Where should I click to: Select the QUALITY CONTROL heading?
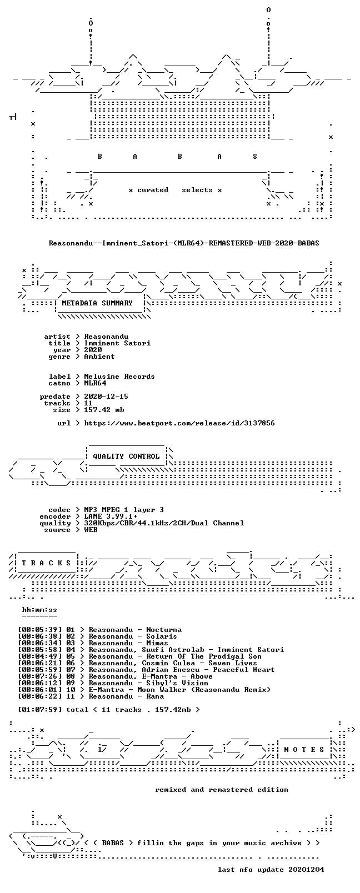(126, 456)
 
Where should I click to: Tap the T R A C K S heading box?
(46, 563)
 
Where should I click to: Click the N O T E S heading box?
(304, 750)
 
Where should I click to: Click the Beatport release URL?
(179, 423)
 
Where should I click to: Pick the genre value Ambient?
(99, 357)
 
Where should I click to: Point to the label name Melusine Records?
(119, 377)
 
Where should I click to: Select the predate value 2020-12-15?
(106, 397)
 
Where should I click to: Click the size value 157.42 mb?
(104, 410)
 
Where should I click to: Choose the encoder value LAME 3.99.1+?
(111, 516)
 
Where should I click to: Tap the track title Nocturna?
(164, 630)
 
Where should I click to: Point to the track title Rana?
(155, 696)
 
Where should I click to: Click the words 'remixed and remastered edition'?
(222, 790)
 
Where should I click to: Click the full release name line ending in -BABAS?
(184, 243)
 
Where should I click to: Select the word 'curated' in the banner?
(153, 190)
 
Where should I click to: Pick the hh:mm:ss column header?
(39, 610)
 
